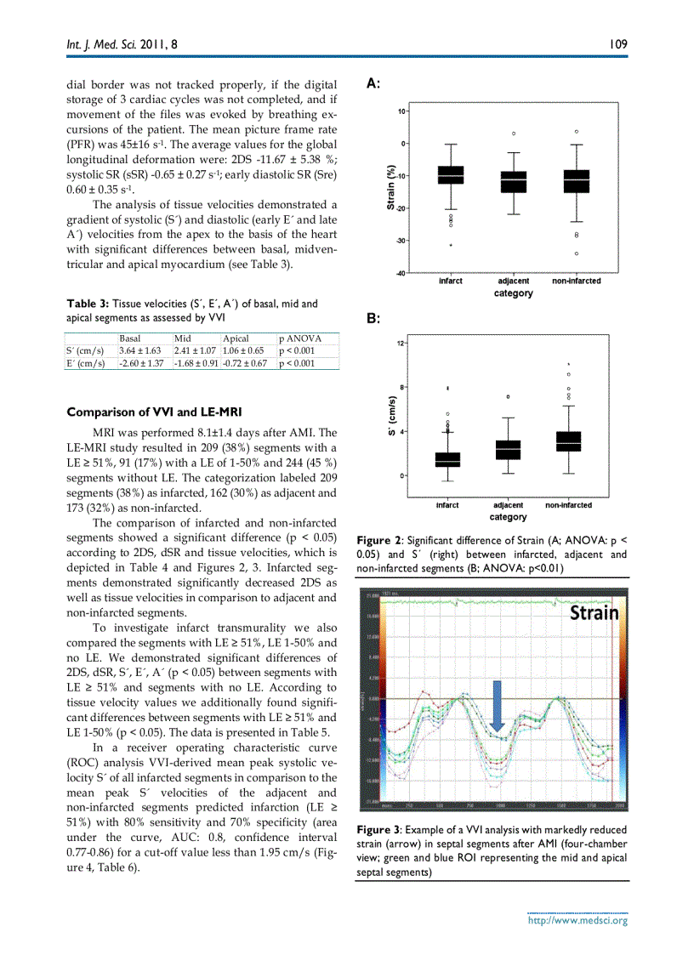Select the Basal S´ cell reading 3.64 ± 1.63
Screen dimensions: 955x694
[139, 350]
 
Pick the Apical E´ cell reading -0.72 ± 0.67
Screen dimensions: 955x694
[244, 364]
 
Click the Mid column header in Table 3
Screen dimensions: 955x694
[182, 338]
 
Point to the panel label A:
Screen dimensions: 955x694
[373, 83]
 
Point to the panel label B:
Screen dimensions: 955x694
[373, 318]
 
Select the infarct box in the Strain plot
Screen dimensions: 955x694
[450, 175]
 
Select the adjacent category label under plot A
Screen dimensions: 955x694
[513, 281]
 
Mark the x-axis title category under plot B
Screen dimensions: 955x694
[508, 517]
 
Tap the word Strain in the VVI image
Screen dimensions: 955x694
[594, 612]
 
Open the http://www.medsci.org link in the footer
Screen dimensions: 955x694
[577, 920]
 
